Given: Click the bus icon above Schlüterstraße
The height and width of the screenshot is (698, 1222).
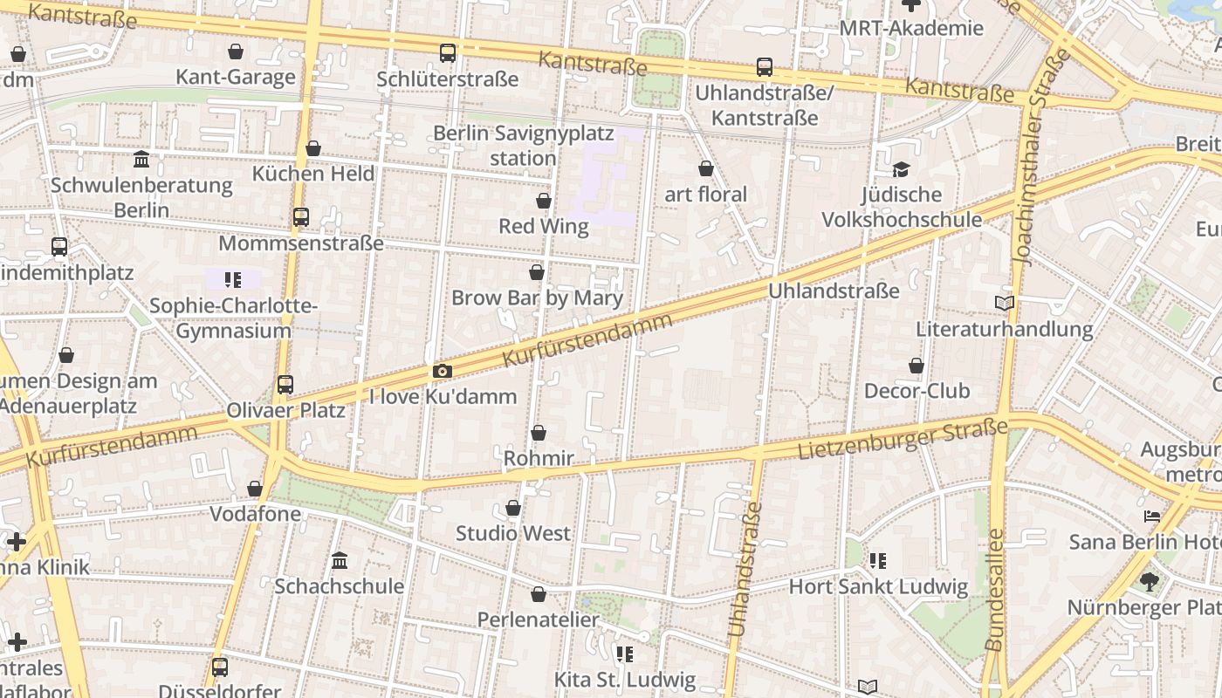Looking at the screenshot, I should click(x=448, y=53).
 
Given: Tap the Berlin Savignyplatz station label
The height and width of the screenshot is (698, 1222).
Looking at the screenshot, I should click(x=524, y=146).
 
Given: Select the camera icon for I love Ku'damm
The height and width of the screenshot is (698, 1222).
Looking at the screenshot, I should click(x=443, y=372).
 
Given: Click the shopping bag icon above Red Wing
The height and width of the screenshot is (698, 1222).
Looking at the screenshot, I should click(x=544, y=201).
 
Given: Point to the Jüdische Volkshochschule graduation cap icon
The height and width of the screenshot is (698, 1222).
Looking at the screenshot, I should click(x=901, y=169).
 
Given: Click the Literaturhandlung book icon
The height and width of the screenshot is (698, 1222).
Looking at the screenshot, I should click(x=1005, y=303).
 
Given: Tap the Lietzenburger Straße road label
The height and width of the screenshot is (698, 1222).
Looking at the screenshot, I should click(x=902, y=439).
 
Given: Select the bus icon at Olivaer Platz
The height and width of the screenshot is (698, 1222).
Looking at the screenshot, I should click(x=285, y=384).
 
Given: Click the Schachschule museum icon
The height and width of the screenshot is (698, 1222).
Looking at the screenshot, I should click(x=340, y=560).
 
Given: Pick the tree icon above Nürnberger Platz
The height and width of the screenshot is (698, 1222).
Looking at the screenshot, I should click(x=1150, y=581).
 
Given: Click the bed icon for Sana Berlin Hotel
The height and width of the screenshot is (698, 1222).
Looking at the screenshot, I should click(x=1152, y=517).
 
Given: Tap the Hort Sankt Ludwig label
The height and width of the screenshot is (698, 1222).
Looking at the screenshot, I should click(x=878, y=586).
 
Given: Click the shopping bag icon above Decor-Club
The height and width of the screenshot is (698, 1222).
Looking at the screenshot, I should click(x=916, y=366).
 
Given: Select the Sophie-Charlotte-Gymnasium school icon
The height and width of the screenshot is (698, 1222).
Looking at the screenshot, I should click(x=233, y=280).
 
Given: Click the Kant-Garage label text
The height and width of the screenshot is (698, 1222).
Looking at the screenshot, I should click(x=236, y=77).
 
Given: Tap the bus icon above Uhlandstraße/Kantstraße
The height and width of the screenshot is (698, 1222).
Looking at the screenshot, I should click(x=765, y=67).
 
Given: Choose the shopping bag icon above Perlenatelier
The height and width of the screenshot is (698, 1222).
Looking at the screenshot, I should click(x=539, y=594).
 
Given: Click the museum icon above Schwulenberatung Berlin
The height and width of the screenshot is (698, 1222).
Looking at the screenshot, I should click(x=141, y=159).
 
